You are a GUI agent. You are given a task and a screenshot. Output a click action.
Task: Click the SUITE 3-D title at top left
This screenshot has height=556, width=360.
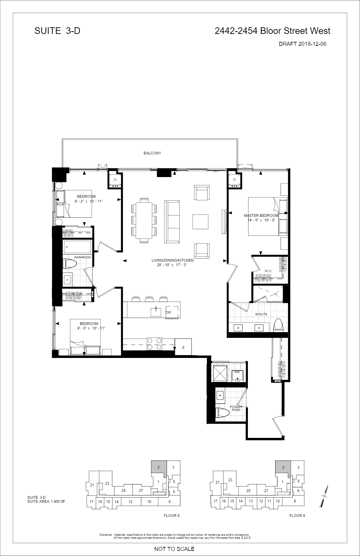[x=57, y=31]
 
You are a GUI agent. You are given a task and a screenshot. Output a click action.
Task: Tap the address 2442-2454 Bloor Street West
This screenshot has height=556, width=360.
[x=272, y=31]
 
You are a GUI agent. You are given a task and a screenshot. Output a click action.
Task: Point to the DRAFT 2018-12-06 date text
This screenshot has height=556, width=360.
[x=302, y=44]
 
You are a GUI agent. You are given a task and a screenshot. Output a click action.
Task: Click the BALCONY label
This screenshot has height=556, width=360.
[x=152, y=153]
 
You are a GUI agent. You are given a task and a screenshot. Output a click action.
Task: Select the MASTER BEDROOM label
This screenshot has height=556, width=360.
[x=261, y=216]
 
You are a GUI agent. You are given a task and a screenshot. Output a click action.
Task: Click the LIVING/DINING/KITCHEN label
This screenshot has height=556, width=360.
[x=173, y=260]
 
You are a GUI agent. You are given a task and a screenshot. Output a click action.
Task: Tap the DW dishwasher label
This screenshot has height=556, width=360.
[x=168, y=313]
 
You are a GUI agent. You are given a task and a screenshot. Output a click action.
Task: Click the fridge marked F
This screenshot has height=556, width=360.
[x=183, y=347]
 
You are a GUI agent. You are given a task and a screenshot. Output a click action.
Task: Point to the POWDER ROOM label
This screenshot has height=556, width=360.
[x=236, y=408]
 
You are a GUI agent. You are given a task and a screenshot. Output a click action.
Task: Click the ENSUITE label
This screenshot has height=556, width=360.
[x=261, y=314]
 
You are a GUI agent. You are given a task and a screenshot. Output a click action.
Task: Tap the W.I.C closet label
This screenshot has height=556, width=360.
[x=268, y=271]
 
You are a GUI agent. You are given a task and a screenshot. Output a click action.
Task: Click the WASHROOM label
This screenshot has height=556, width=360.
[x=82, y=257]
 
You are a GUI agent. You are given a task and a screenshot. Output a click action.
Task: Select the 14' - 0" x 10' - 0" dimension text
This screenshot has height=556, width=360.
[x=261, y=220]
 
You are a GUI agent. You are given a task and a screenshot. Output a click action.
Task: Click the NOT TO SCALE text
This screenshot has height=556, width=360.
[x=174, y=549]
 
